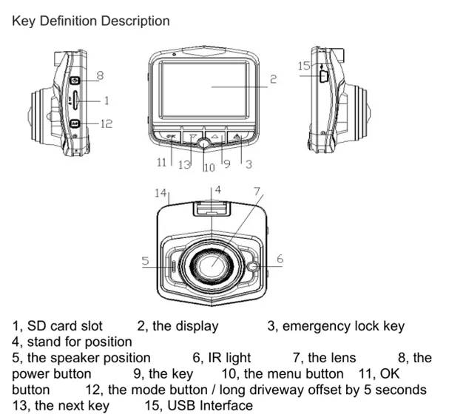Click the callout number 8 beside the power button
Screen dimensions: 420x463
100,75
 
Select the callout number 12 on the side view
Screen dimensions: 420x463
106,123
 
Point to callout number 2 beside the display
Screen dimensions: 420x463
273,79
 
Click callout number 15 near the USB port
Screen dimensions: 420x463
304,66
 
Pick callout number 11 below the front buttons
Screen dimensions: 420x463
161,163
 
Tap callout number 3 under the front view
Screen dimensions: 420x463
249,163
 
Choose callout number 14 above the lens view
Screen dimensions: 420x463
160,193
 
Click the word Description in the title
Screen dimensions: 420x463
134,21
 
